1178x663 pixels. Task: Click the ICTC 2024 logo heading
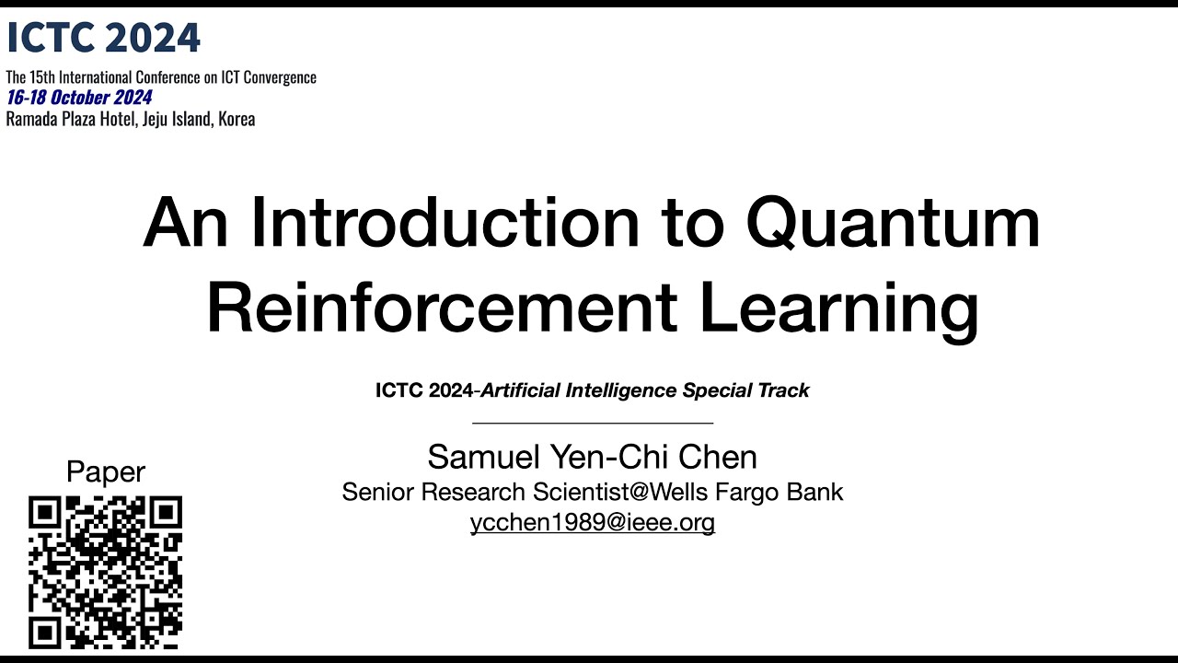[x=103, y=38]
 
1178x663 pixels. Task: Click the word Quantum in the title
[x=892, y=224]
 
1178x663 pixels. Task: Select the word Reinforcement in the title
[x=443, y=308]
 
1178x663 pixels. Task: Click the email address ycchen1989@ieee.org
[x=592, y=523]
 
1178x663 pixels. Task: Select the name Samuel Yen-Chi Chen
[x=592, y=457]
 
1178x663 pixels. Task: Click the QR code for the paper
[x=105, y=572]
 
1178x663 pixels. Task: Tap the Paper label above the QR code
[x=106, y=472]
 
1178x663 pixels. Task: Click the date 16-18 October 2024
[x=79, y=98]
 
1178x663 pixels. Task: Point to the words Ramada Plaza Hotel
[x=70, y=119]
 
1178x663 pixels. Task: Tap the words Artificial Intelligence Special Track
[x=645, y=390]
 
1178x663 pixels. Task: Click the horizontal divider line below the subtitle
[x=592, y=423]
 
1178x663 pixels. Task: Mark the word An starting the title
[x=183, y=224]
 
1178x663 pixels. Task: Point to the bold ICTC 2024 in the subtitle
[x=424, y=390]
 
